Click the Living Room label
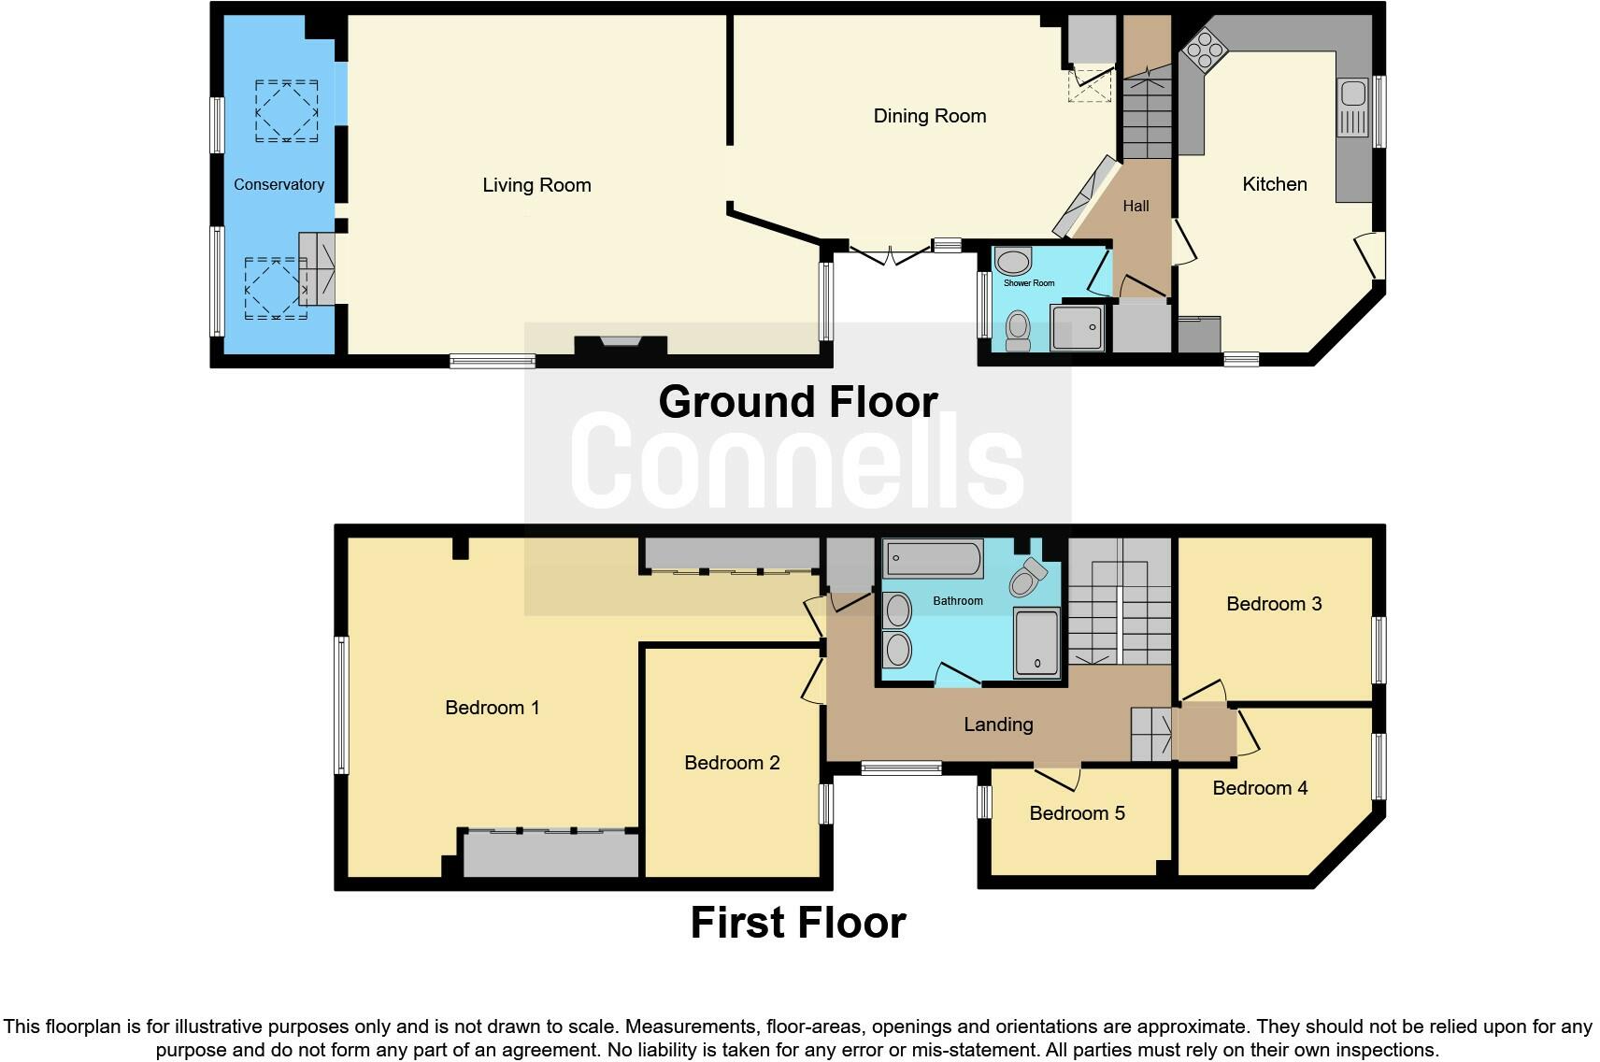536,185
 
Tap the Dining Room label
929,116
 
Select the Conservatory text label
279,184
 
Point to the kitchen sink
1352,93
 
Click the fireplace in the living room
621,344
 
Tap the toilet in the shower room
1017,331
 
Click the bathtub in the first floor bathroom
933,559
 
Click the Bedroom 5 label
1077,813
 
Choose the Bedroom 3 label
1274,604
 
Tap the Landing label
998,725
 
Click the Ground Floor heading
797,402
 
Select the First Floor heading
797,923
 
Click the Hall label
1136,206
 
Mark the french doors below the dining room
891,253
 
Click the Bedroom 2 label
732,763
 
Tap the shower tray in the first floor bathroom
1036,642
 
